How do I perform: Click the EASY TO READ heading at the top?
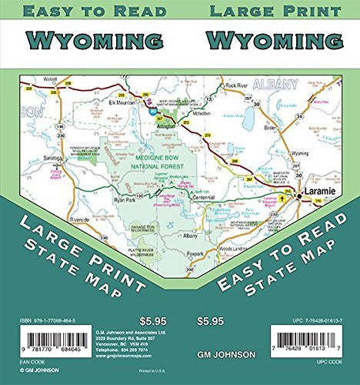[93, 11]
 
